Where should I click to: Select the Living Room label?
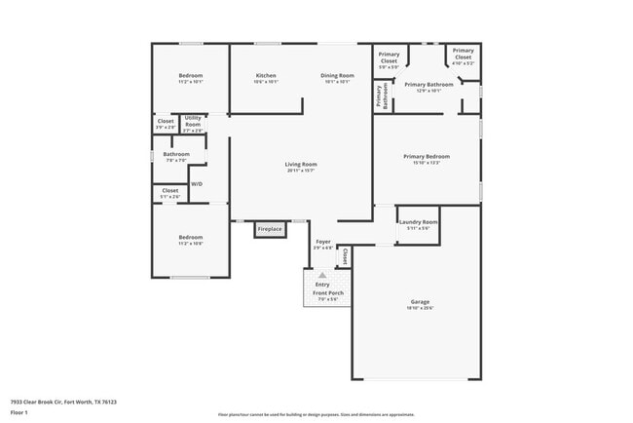tap(301, 167)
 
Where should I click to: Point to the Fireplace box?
tap(270, 229)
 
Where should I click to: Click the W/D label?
tap(197, 183)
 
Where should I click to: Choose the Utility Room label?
tap(193, 124)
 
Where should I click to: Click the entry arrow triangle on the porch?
tap(322, 276)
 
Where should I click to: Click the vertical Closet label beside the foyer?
tap(345, 256)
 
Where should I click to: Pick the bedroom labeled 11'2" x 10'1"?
tap(191, 78)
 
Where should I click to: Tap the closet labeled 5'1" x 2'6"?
tap(170, 193)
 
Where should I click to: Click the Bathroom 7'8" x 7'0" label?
tap(176, 156)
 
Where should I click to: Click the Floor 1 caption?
tap(20, 413)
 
